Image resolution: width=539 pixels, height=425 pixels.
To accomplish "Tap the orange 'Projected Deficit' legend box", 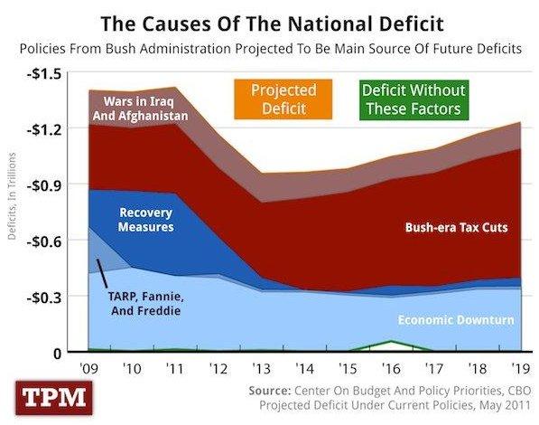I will (x=282, y=100).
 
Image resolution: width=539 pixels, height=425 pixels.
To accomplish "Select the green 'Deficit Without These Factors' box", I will (x=413, y=100).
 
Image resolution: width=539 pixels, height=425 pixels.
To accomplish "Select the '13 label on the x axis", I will (x=263, y=370).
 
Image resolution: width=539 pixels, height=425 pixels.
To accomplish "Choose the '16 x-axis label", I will (x=390, y=370).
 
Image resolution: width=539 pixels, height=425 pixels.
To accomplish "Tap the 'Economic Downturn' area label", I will (x=456, y=319).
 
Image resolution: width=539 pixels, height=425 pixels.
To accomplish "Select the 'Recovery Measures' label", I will (x=145, y=220).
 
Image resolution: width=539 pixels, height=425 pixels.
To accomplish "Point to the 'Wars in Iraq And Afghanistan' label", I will (x=145, y=109).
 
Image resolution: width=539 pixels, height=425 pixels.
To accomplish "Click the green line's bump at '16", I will (x=390, y=341).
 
